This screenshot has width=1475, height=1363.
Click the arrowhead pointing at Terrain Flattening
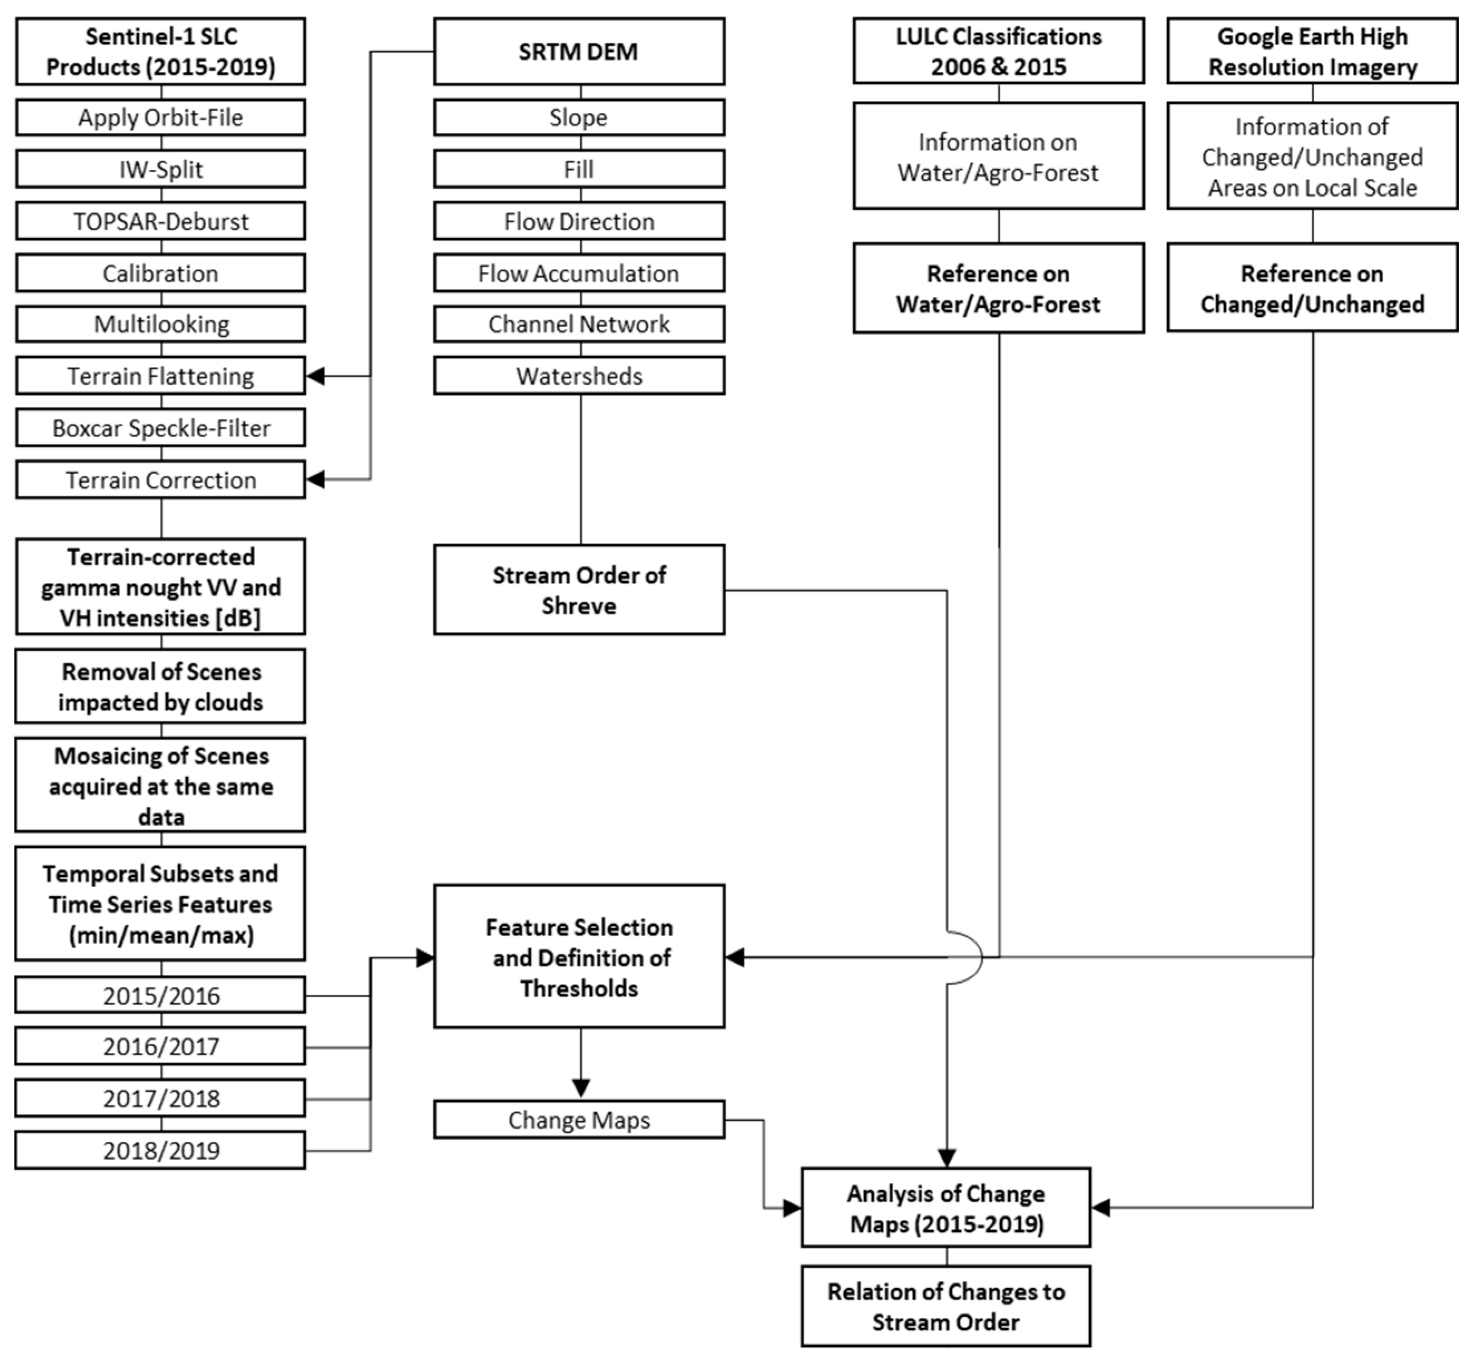pyautogui.click(x=316, y=376)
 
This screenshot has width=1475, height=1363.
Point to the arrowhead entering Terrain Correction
pyautogui.click(x=316, y=480)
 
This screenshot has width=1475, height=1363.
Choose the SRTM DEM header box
pyautogui.click(x=579, y=52)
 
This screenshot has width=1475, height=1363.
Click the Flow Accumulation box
pyautogui.click(x=579, y=273)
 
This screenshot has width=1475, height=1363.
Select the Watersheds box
pyautogui.click(x=579, y=376)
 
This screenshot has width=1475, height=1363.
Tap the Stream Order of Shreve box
pyautogui.click(x=579, y=590)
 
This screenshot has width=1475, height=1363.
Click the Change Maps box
pyautogui.click(x=579, y=1120)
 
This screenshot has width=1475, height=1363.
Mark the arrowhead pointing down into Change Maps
pyautogui.click(x=581, y=1089)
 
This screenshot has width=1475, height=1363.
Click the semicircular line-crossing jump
pyautogui.click(x=973, y=957)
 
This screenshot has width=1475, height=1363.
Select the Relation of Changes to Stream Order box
pyautogui.click(x=946, y=1307)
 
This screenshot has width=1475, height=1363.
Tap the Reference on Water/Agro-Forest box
pyautogui.click(x=998, y=288)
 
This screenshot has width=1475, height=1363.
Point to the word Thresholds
pyautogui.click(x=579, y=988)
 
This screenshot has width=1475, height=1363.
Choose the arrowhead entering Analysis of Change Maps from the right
pyautogui.click(x=1101, y=1207)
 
